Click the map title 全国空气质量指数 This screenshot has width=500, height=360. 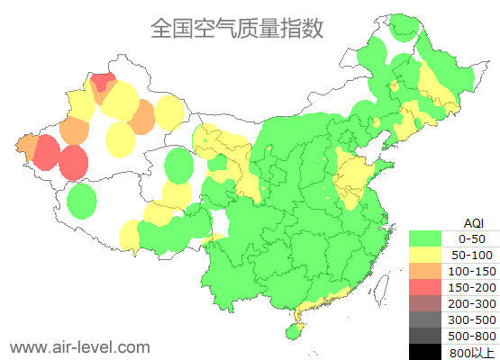point(237,29)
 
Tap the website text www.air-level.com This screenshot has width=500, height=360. point(79,346)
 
